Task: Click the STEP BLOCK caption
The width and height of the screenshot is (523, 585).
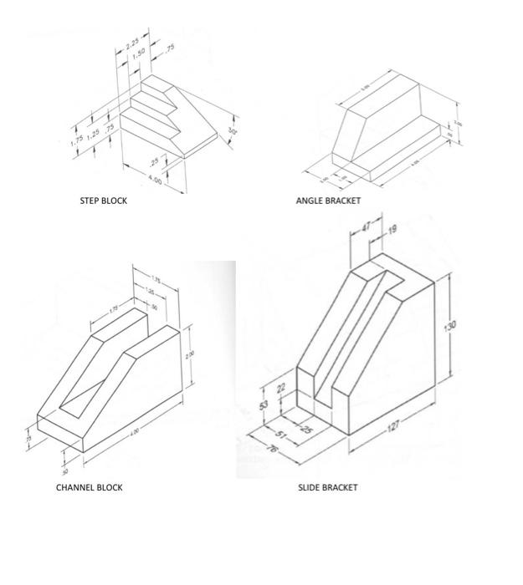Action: [x=104, y=201]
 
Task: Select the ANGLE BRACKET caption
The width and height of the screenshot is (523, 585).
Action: [x=328, y=201]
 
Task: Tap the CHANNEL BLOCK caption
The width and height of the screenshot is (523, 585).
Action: [x=89, y=487]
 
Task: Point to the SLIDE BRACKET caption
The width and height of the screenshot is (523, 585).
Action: [x=328, y=487]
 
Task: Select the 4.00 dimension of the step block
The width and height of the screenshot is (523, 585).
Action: [x=155, y=181]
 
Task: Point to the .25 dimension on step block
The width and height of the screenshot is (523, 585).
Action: [x=154, y=161]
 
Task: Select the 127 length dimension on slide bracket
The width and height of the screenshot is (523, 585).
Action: [x=393, y=426]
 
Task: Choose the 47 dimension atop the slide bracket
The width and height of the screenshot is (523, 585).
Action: [x=367, y=226]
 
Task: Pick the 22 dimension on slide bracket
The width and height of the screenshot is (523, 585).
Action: [x=280, y=387]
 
